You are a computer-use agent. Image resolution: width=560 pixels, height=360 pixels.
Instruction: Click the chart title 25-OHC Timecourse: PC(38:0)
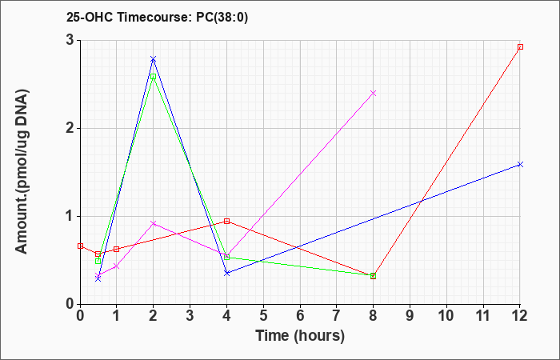tap(157, 18)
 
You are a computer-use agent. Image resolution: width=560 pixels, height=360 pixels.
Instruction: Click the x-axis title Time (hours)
tap(300, 336)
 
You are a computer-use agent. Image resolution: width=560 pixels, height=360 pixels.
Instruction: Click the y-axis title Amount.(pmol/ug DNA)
tap(22, 171)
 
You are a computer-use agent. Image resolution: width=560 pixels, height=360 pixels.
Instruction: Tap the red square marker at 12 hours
tap(520, 46)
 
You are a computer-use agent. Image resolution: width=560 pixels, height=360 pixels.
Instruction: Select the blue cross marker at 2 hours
tap(154, 59)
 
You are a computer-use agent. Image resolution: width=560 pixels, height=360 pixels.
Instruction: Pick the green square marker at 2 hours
tap(154, 77)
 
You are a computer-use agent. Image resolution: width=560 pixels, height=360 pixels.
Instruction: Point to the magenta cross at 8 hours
tap(374, 94)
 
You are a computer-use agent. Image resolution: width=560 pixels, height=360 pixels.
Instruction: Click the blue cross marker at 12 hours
tap(520, 165)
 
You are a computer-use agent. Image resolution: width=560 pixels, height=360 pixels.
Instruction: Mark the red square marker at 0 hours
tap(80, 246)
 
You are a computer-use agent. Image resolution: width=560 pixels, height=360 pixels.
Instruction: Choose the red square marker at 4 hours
tap(226, 222)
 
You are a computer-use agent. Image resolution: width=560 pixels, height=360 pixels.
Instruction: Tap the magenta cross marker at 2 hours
tap(154, 223)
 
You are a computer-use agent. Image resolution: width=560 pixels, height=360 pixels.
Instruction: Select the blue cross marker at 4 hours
tap(226, 273)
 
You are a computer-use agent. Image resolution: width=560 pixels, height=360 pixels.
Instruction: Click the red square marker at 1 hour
tap(117, 250)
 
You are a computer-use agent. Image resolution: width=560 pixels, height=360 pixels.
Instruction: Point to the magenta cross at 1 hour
tap(117, 266)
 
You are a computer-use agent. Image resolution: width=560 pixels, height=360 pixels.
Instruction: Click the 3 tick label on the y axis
tap(71, 40)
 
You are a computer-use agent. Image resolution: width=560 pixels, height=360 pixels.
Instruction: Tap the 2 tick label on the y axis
tap(71, 128)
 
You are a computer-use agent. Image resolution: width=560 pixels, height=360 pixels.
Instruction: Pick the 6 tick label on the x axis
tap(300, 315)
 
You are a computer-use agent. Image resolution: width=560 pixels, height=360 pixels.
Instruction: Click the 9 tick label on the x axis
tap(410, 315)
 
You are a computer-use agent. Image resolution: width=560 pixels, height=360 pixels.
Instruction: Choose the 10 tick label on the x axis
tap(446, 315)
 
